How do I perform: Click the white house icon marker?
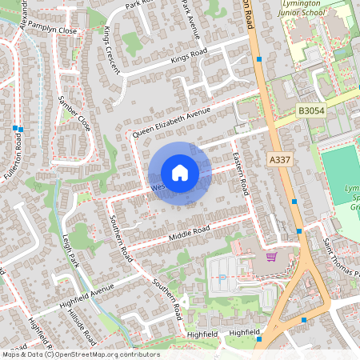[x=179, y=173]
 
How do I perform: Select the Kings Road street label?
[x=188, y=61]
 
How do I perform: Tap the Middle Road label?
[x=189, y=233]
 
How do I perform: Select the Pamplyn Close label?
[x=52, y=30]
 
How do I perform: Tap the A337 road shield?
[x=279, y=161]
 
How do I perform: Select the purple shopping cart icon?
[x=271, y=257]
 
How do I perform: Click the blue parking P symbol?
[x=222, y=278]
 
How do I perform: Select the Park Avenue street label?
[x=190, y=19]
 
